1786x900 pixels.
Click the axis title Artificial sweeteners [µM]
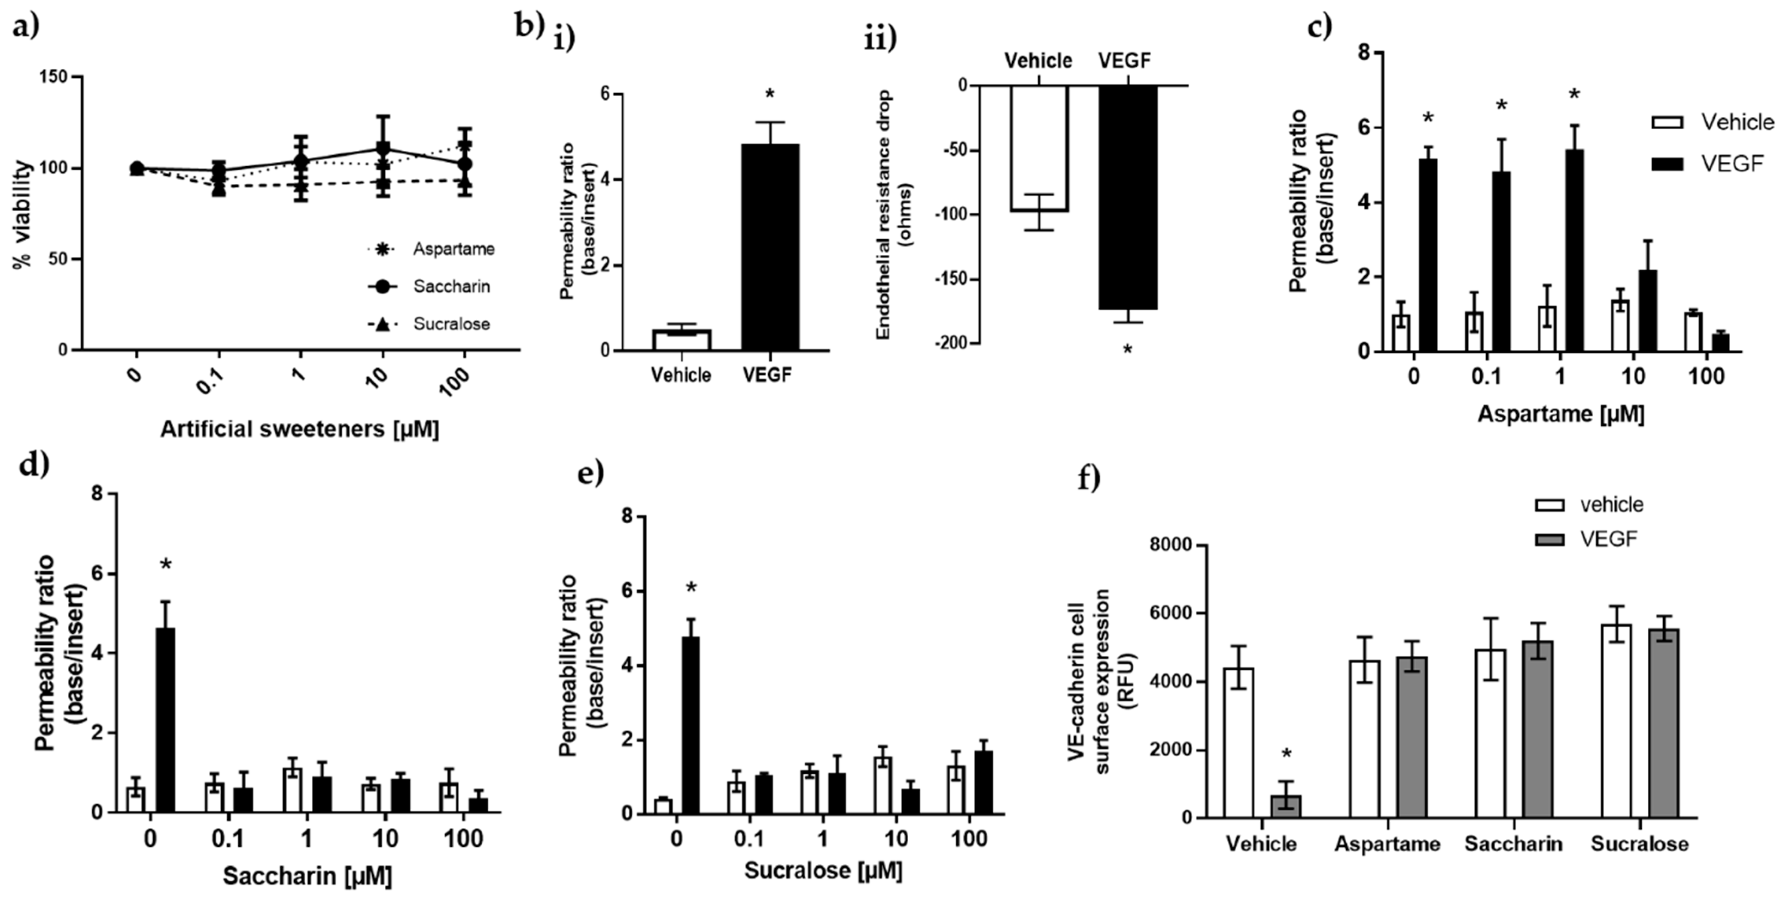click(299, 429)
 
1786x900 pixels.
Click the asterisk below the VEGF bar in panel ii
click(1127, 349)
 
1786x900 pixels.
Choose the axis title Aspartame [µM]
click(1561, 414)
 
